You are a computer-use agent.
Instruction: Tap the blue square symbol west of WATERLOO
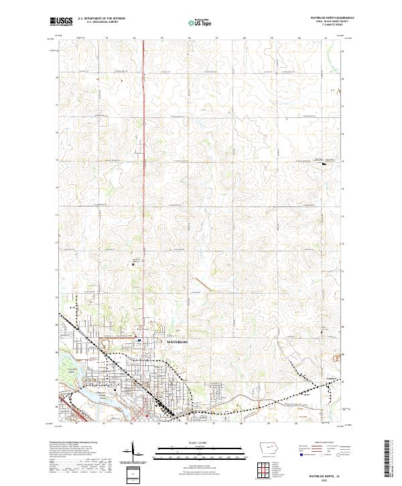139,340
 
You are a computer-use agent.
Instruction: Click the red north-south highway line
146,168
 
